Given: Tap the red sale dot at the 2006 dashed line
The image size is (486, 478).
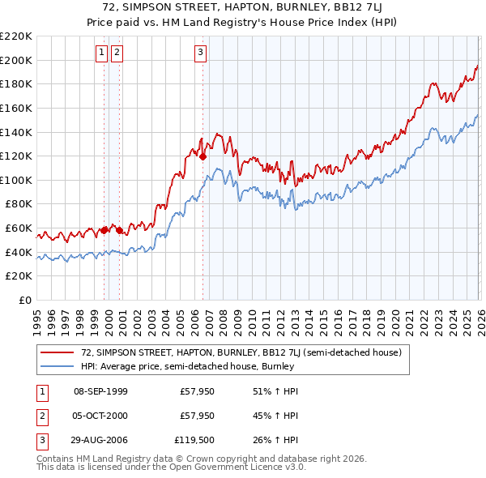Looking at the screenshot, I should [x=202, y=156].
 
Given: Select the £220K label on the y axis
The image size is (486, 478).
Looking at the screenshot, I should [x=16, y=36].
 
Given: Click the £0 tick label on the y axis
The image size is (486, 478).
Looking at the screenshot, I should [x=24, y=300].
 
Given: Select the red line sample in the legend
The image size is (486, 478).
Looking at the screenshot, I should [x=58, y=353].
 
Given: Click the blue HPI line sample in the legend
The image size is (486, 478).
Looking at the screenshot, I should [x=58, y=367].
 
